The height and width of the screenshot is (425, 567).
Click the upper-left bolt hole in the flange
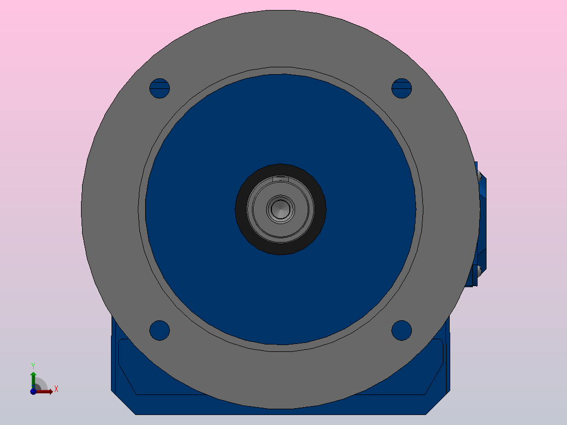[x=159, y=88]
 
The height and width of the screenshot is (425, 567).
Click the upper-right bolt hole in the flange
[x=402, y=88]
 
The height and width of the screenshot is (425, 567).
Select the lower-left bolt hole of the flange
[x=159, y=330]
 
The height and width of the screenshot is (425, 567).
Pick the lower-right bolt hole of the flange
[x=402, y=330]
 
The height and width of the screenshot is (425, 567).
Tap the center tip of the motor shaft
[x=280, y=209]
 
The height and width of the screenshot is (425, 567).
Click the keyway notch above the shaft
[x=281, y=179]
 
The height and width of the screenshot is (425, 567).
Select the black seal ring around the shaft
[x=280, y=247]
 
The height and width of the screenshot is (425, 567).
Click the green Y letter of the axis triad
[x=33, y=365]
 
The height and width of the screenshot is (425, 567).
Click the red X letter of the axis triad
[x=56, y=389]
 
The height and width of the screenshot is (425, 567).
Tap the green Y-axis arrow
[x=33, y=377]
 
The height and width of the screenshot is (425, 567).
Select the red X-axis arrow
[x=46, y=391]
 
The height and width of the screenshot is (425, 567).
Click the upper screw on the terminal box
[x=480, y=179]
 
